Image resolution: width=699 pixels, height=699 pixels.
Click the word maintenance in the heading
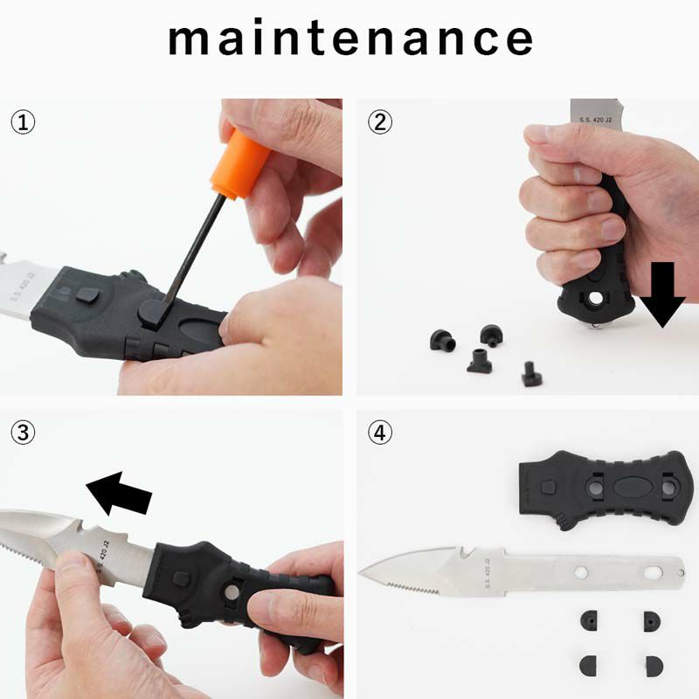(350, 38)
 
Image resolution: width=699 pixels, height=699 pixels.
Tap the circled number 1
(23, 122)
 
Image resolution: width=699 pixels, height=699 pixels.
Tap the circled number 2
(380, 122)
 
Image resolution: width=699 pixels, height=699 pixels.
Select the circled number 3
(23, 433)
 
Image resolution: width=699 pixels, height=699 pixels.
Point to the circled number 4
(380, 433)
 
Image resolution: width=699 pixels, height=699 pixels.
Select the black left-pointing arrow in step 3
(119, 493)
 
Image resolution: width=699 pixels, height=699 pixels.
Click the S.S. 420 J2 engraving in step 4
(488, 572)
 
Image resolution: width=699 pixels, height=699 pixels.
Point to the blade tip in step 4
(360, 572)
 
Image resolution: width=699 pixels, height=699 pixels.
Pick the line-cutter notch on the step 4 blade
(467, 553)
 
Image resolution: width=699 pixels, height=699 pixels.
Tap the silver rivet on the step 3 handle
(232, 592)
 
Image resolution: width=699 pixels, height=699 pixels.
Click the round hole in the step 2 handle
(596, 297)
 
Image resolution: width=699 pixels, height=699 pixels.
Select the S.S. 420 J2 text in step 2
(596, 120)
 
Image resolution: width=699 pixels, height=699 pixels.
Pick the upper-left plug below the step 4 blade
(589, 620)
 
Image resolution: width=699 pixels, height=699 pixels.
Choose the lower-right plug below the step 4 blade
(654, 666)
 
